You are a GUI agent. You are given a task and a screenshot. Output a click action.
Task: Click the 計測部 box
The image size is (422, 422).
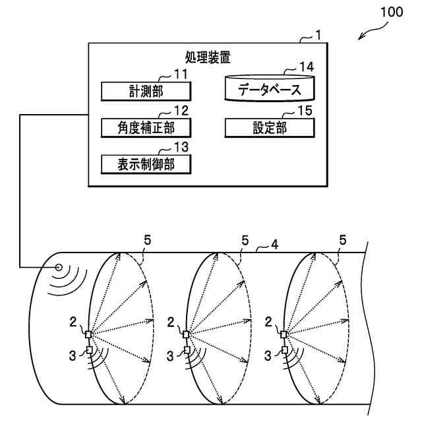coord(146,91)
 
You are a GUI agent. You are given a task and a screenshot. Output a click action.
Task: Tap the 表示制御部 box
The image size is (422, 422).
coord(146,164)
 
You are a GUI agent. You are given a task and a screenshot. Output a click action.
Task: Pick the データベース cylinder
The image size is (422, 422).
coord(268,89)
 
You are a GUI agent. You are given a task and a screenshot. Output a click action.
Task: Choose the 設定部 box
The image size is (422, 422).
coord(268,127)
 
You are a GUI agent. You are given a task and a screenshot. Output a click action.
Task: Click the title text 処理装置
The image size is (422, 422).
coord(209,58)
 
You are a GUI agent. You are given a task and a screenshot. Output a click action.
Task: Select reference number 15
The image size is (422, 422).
coord(305,110)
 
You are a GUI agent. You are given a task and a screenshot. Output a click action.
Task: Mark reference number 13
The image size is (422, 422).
coord(181,146)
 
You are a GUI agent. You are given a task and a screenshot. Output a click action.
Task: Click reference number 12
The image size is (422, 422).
coord(181,109)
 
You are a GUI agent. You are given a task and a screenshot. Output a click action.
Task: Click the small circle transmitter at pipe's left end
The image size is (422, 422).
coord(58,268)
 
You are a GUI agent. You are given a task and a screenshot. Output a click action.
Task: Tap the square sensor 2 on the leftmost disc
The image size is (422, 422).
coord(89,334)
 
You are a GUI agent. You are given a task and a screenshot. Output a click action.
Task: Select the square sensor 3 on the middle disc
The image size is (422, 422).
coord(187,350)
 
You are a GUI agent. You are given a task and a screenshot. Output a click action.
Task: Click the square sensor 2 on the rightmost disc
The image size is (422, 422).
coord(285,334)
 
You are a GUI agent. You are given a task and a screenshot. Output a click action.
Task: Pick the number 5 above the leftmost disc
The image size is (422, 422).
coord(148,241)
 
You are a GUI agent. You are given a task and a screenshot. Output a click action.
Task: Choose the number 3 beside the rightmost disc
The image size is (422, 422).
coord(268,356)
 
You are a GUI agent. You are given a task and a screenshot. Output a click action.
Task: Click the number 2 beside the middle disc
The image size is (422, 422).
coord(171,322)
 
